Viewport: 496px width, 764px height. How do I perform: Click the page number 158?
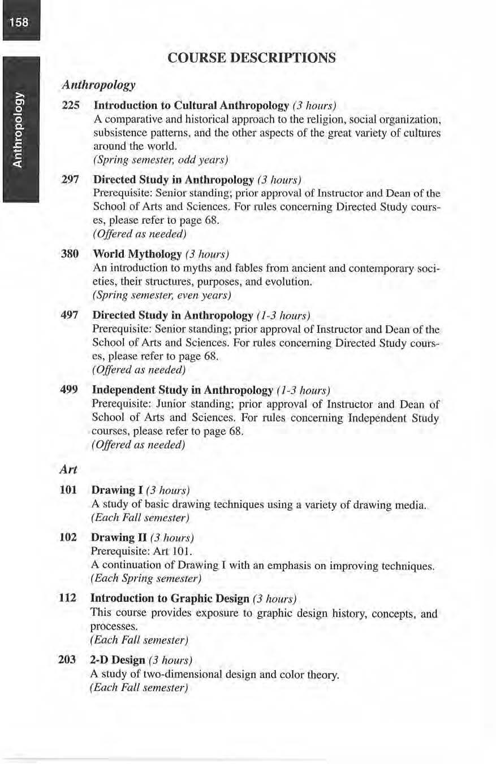(x=20, y=23)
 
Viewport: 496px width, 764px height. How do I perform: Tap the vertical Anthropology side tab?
(x=20, y=130)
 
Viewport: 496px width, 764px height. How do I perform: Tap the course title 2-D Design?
(x=118, y=660)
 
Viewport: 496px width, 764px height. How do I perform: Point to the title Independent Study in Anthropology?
(x=182, y=390)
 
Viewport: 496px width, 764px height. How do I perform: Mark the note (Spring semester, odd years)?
(x=159, y=160)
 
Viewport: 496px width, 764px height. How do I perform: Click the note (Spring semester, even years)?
(x=162, y=294)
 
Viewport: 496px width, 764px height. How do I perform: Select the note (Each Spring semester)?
(x=146, y=579)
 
